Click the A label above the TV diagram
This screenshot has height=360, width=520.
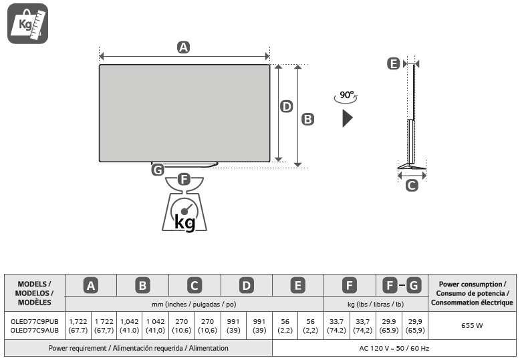click(183, 47)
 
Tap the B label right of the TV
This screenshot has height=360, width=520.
click(307, 119)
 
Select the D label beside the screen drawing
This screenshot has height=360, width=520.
click(286, 106)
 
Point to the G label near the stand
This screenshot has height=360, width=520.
click(158, 170)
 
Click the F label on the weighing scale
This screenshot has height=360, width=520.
click(184, 180)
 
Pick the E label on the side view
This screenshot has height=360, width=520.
click(393, 63)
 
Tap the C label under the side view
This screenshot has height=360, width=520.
click(412, 185)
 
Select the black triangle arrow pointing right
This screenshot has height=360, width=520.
click(347, 119)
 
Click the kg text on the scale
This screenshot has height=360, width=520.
click(184, 221)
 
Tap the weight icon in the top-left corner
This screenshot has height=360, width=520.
click(27, 23)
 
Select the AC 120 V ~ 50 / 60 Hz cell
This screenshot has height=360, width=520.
click(394, 348)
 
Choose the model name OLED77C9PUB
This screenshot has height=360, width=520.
click(35, 321)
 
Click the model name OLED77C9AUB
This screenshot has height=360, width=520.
click(35, 330)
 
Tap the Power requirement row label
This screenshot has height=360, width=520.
click(138, 348)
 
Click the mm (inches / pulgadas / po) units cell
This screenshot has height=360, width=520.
click(194, 304)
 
